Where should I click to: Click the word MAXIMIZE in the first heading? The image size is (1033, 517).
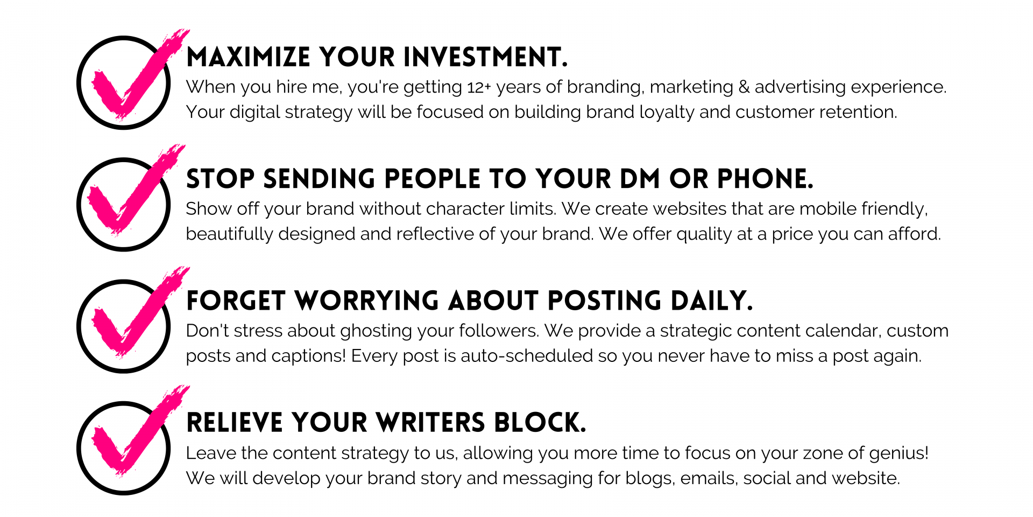coord(249,57)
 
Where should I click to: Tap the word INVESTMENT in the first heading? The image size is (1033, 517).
coord(485,57)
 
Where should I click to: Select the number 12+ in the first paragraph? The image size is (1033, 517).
coord(479,87)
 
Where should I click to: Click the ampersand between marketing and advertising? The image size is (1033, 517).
coord(744,87)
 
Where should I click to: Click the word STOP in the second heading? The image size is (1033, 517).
coord(220,179)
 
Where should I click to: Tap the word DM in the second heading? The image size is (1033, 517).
coord(640,179)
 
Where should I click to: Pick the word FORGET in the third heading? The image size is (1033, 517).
coord(236,301)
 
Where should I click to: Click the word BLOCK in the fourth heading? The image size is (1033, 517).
coord(540,423)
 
